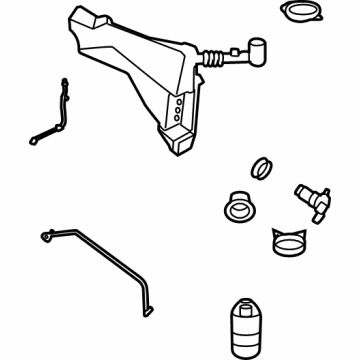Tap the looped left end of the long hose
(46, 235)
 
